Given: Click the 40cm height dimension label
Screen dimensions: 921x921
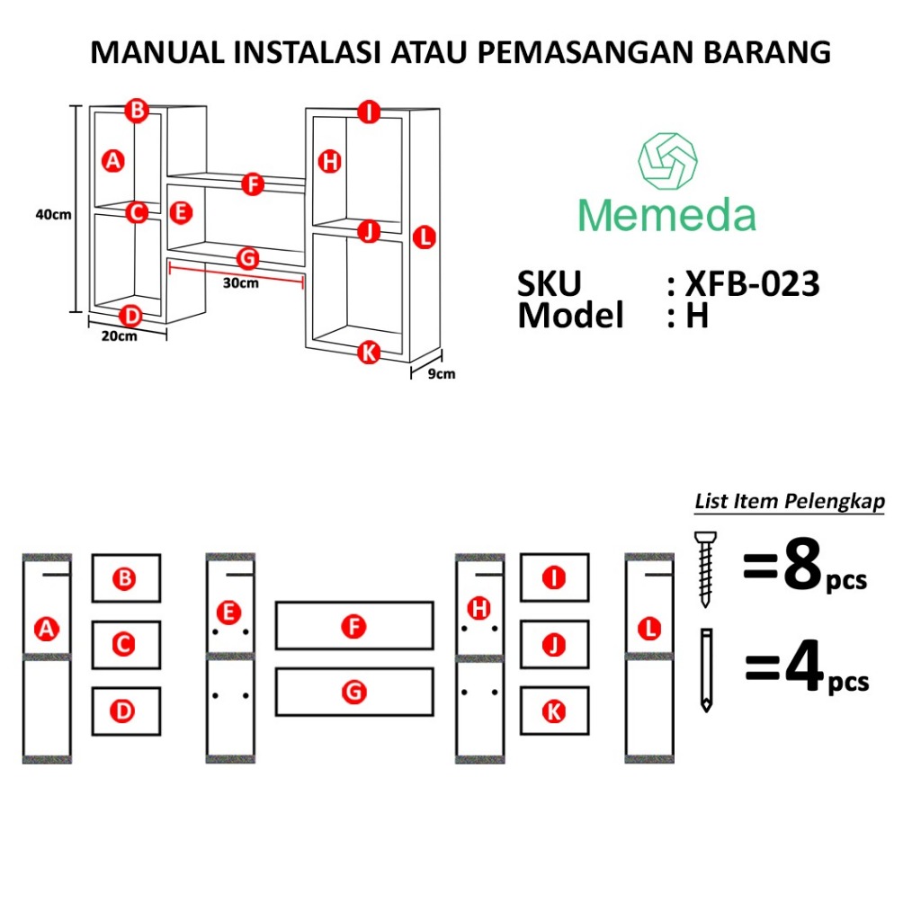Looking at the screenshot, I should (53, 214).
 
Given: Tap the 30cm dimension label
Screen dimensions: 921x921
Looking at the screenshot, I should (241, 283).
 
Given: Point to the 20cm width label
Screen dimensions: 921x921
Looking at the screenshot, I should (119, 337).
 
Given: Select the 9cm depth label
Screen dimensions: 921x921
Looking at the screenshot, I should (440, 374).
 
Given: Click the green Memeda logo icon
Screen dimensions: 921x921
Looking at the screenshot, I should (667, 163).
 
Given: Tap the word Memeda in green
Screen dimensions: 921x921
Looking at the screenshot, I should (666, 216).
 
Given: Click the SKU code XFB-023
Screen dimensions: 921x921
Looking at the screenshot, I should (752, 284).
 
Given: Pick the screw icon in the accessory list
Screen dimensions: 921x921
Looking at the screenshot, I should (706, 568).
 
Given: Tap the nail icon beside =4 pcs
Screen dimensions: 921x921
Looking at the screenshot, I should (706, 670).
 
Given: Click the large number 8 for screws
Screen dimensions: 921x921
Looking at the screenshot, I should (802, 568).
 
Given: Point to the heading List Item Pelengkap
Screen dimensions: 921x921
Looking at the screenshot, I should (789, 502).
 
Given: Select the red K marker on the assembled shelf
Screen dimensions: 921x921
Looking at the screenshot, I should (368, 353).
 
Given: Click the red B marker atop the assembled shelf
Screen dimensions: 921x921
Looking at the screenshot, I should (136, 110).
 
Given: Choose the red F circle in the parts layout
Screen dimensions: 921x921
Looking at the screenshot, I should (355, 626).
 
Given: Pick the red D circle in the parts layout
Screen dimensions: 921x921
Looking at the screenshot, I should (125, 711).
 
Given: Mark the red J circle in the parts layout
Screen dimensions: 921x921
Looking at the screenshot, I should (555, 645).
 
